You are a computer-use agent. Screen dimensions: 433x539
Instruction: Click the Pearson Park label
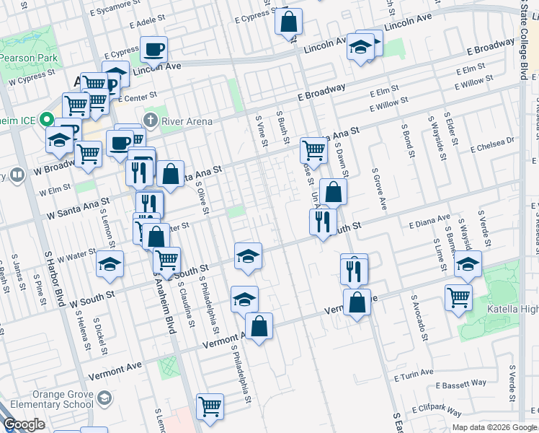(24, 58)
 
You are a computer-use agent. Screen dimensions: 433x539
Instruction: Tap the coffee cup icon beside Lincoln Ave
(153, 50)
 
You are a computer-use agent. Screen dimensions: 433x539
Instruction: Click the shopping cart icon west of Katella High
(458, 297)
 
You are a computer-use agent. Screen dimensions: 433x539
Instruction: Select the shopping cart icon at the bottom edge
(210, 406)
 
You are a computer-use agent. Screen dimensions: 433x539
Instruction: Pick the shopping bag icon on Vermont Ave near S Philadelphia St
(259, 325)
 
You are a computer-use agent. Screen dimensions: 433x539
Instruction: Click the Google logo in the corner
(24, 424)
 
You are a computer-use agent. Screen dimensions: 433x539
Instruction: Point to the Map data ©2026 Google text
(494, 427)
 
